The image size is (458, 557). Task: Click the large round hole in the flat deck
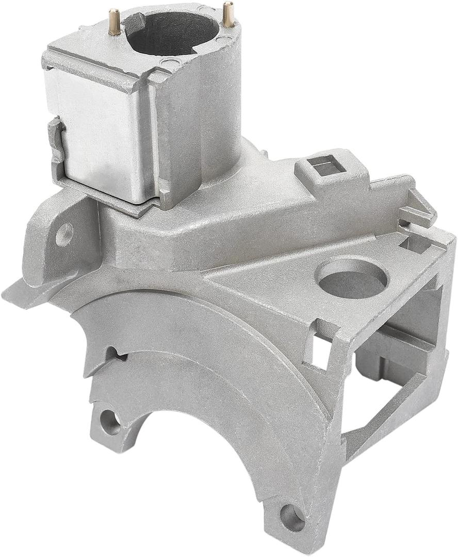353,276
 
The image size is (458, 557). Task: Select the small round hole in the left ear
64,234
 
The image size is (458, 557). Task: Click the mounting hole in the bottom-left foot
110,422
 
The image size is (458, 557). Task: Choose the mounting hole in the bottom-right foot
292,517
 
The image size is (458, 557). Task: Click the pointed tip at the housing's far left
7,295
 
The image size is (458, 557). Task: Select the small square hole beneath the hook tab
413,243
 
